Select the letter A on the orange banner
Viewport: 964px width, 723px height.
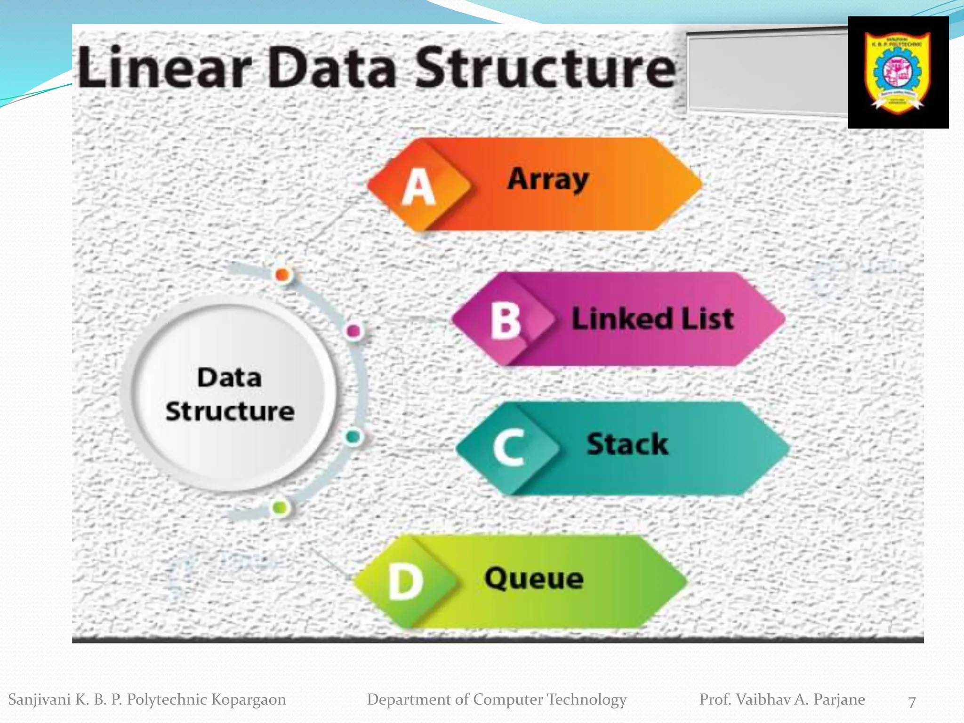click(418, 187)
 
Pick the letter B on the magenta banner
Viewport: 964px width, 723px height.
click(506, 321)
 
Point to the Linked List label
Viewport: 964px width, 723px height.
click(652, 319)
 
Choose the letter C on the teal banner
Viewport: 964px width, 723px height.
click(509, 448)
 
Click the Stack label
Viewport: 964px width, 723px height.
click(627, 444)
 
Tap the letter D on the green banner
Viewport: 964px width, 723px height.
click(405, 582)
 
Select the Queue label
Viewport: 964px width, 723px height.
click(534, 578)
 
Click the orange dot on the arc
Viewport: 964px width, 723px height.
click(282, 274)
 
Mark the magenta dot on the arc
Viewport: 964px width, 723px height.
click(353, 331)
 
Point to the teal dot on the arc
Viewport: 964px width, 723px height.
click(353, 437)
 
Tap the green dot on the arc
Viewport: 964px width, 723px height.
click(280, 507)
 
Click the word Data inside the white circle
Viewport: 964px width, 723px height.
click(229, 378)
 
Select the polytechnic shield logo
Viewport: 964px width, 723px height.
click(898, 72)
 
